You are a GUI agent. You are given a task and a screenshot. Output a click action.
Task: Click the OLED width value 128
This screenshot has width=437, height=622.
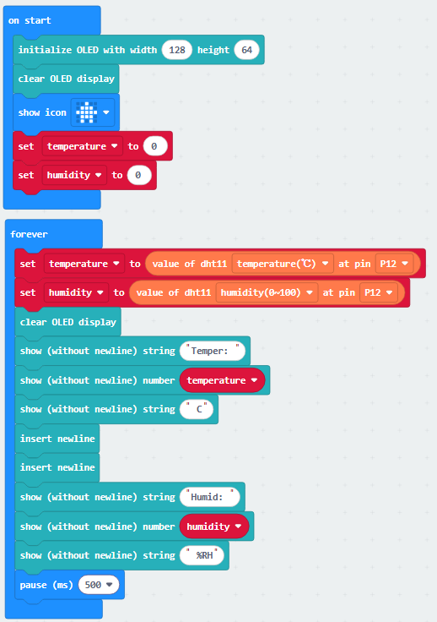coord(177,50)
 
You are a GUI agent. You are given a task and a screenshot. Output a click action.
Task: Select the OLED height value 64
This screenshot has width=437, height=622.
coord(246,50)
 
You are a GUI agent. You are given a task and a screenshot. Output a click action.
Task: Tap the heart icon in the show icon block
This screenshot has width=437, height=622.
coord(87,112)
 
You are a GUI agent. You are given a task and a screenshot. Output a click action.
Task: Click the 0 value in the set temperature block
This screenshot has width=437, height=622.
coord(154,146)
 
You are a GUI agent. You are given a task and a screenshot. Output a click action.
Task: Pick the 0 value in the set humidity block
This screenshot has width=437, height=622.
coord(139,175)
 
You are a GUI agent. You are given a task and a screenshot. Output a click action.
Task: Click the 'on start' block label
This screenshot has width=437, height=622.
coord(30,20)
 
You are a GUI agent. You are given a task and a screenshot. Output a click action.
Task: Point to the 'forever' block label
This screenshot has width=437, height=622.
coord(30,234)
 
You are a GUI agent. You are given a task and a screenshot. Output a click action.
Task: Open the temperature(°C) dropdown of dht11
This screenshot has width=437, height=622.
coord(283,264)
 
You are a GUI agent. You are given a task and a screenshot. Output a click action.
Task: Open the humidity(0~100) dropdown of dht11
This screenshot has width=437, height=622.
coord(267,292)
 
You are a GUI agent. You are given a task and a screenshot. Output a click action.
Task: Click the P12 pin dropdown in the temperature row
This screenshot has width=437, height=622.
coord(394,264)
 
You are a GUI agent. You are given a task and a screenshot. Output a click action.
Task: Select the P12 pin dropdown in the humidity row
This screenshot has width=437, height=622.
coord(379,292)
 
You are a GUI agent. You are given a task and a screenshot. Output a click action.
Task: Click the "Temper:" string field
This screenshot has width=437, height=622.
coord(213,351)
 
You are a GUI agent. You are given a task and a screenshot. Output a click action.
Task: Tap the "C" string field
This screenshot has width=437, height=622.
coord(197,409)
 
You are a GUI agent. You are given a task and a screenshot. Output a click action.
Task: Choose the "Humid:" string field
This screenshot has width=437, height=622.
coord(210,497)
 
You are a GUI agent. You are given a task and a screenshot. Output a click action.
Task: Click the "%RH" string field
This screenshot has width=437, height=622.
coord(202,555)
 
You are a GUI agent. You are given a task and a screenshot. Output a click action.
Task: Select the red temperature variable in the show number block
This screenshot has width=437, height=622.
coord(222,380)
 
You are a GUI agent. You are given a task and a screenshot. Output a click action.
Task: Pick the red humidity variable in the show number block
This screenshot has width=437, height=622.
coord(214,527)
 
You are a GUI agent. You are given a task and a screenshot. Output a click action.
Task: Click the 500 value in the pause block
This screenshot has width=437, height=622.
coord(99,585)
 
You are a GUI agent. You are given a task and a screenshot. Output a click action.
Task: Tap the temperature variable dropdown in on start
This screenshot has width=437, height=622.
coord(83,146)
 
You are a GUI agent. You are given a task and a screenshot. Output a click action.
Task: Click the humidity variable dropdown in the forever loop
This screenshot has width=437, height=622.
coord(76,292)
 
